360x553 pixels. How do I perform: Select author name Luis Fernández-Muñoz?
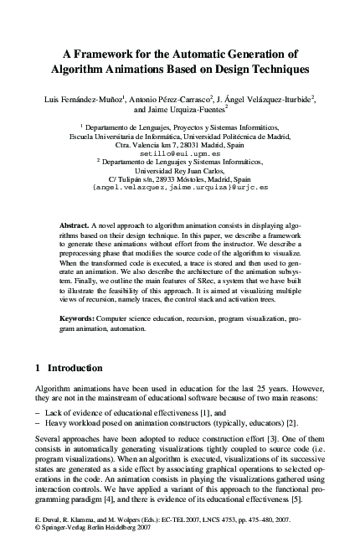point(84,99)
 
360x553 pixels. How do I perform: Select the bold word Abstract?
point(75,227)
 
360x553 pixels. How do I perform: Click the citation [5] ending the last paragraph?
point(318,500)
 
